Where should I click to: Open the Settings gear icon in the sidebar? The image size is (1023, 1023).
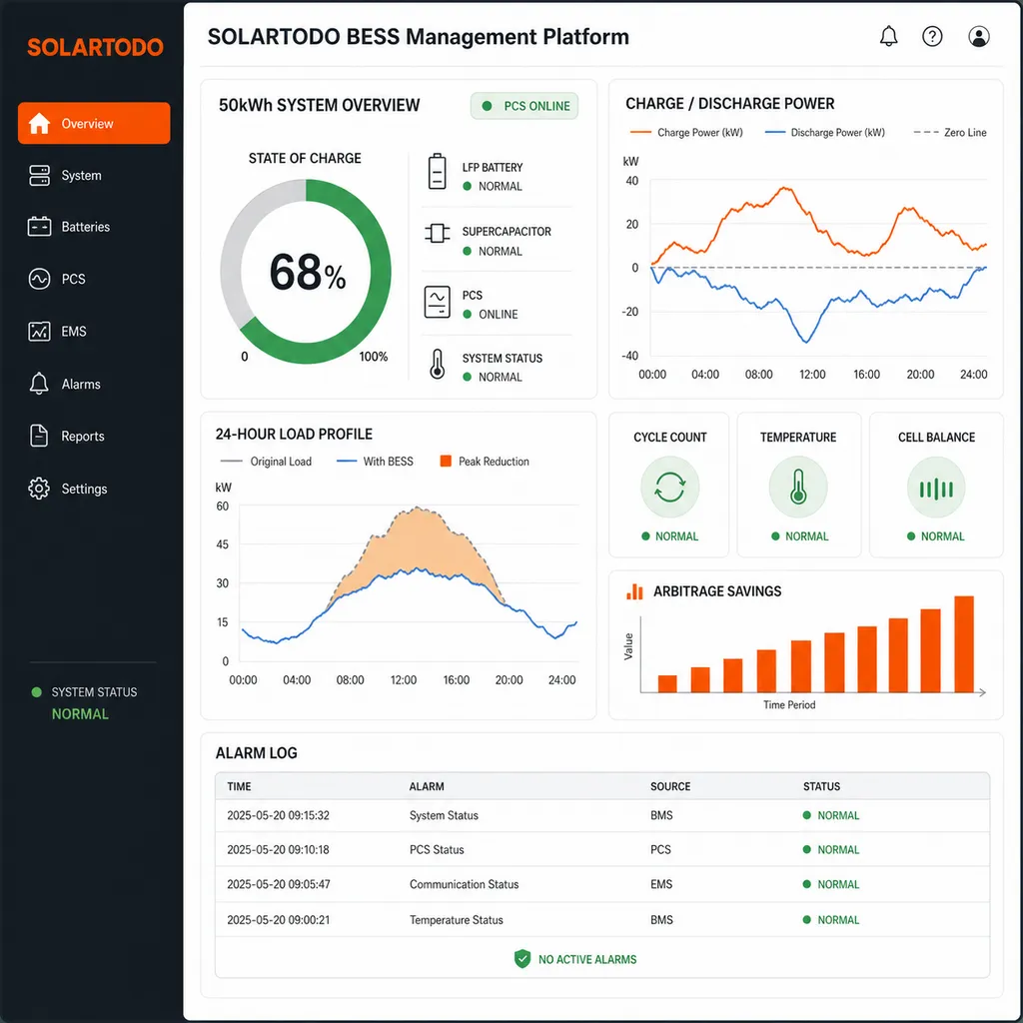(x=39, y=489)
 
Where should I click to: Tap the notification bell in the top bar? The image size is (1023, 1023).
(x=888, y=37)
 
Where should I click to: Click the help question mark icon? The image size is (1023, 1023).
(x=932, y=37)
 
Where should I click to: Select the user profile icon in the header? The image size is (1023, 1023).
(x=979, y=37)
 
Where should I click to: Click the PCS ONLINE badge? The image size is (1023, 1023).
(x=524, y=106)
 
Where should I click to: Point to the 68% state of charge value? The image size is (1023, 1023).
(x=308, y=272)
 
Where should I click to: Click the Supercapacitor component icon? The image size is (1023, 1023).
(x=438, y=233)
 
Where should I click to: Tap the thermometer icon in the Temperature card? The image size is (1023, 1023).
(x=798, y=488)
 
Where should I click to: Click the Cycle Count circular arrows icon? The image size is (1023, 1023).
(x=670, y=488)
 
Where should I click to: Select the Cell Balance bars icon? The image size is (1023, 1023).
(x=936, y=488)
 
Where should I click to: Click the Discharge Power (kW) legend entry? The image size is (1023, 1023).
(x=824, y=133)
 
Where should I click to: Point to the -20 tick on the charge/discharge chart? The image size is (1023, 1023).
(x=629, y=312)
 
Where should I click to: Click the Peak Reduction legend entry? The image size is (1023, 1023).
(x=485, y=462)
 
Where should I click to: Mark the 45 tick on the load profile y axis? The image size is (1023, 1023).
(x=223, y=544)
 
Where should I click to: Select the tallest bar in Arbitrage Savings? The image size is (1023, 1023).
(x=964, y=644)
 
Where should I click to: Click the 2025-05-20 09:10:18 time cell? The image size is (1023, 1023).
(x=278, y=849)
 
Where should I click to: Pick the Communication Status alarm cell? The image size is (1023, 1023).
(x=464, y=884)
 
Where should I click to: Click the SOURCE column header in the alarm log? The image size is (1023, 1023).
(x=670, y=786)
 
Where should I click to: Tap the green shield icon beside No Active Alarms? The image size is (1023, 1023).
(x=521, y=959)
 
